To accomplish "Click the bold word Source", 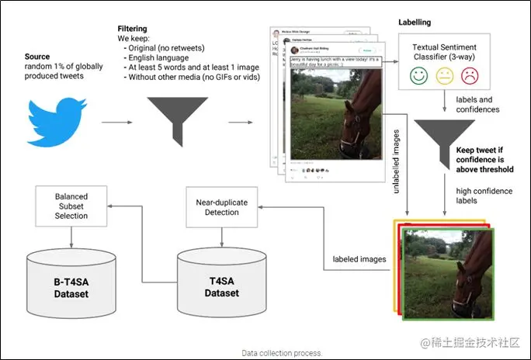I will [x=37, y=57].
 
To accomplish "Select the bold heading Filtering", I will [x=133, y=29].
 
